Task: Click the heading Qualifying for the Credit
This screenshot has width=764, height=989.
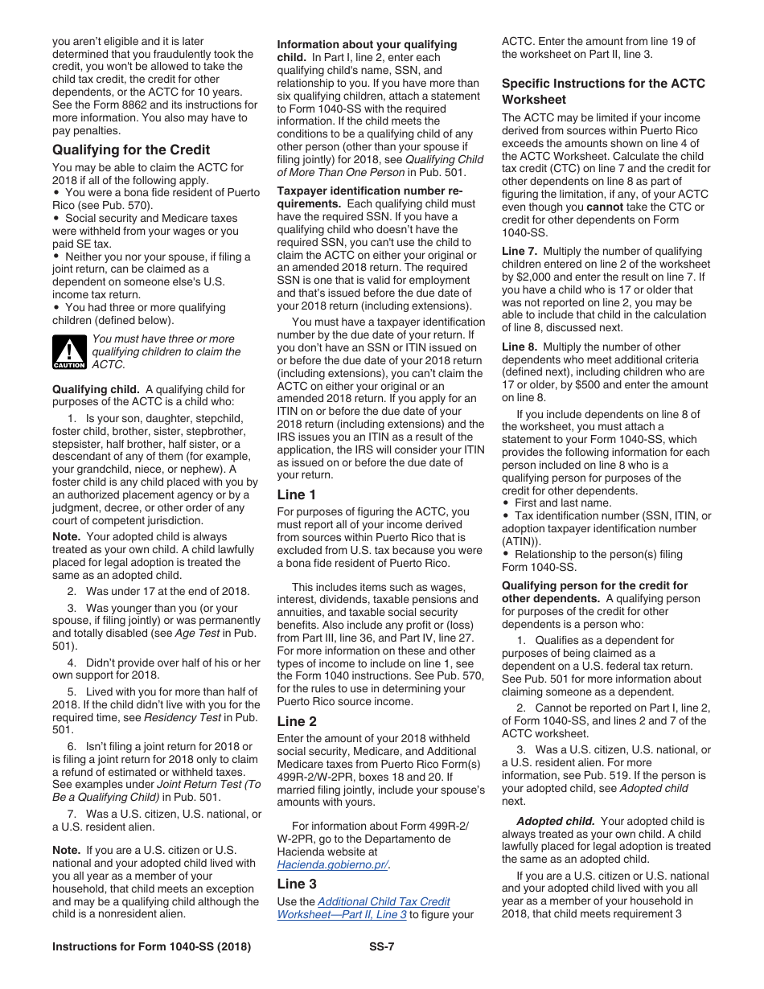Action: (x=131, y=150)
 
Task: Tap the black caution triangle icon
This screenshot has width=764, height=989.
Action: (x=69, y=352)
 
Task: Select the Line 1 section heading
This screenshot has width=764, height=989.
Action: (x=297, y=494)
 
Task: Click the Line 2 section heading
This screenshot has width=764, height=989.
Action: (x=297, y=721)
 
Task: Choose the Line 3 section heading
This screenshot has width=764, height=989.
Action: (x=297, y=884)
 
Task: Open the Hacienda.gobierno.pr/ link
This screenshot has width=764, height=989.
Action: (x=332, y=864)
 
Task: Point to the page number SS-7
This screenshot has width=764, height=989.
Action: (x=376, y=946)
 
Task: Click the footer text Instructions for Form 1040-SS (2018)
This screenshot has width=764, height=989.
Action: (x=151, y=946)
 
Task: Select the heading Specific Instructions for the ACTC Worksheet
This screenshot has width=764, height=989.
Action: (x=603, y=91)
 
